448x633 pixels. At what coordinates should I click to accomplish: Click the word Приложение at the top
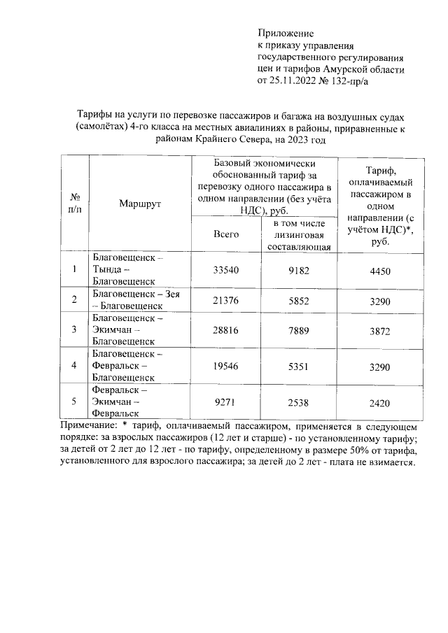click(286, 33)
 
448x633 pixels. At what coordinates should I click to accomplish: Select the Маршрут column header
click(140, 204)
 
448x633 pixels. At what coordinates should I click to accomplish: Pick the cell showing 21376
click(226, 300)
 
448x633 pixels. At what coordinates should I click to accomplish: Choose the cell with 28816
click(226, 329)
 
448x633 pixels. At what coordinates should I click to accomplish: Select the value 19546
click(226, 365)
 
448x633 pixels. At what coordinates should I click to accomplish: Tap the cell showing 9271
click(226, 401)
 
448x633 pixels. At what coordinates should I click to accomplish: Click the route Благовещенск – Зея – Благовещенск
click(136, 300)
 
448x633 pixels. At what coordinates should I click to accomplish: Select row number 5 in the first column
click(74, 401)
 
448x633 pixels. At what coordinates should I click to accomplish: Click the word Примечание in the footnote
click(89, 426)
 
